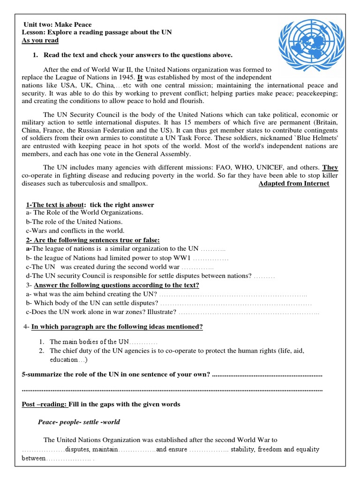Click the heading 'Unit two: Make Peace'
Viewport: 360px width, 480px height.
pos(58,24)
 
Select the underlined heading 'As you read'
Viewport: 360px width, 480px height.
pos(40,40)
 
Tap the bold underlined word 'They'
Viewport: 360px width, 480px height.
pos(330,167)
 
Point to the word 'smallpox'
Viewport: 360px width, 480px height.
pos(134,184)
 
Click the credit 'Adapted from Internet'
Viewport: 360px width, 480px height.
pos(294,184)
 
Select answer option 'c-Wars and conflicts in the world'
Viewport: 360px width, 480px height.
pos(75,231)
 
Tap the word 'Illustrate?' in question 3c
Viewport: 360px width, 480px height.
pos(162,312)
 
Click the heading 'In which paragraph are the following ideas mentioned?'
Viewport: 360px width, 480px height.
pos(117,327)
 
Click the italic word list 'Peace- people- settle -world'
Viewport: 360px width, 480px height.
pos(79,422)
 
